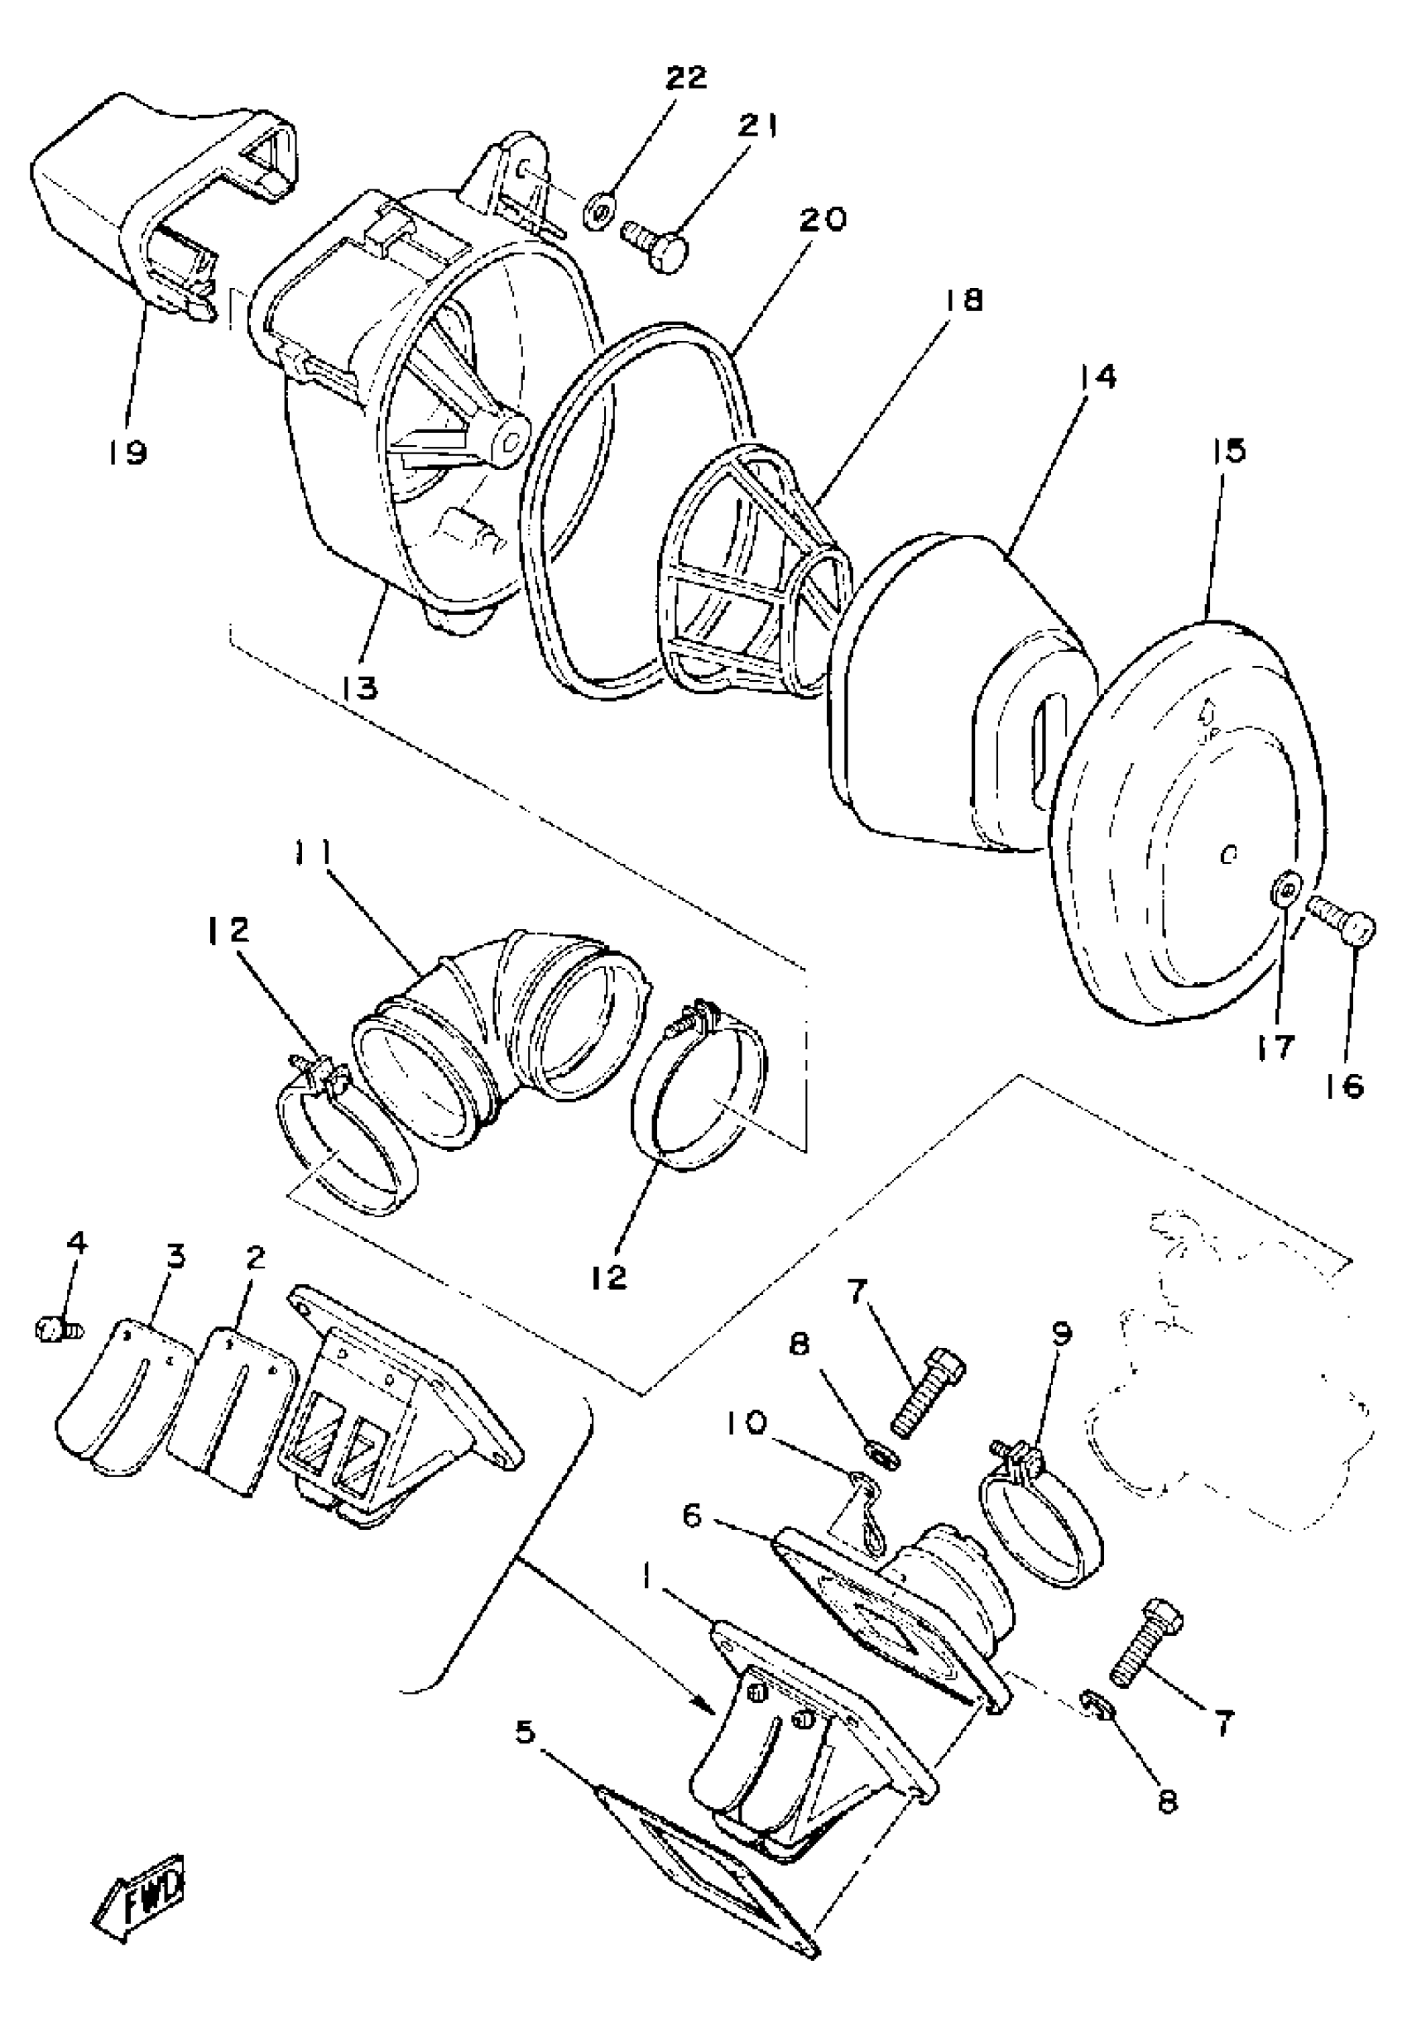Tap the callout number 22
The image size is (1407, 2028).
(685, 78)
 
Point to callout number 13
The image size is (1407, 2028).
(361, 688)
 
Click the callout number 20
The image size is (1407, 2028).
(822, 219)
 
